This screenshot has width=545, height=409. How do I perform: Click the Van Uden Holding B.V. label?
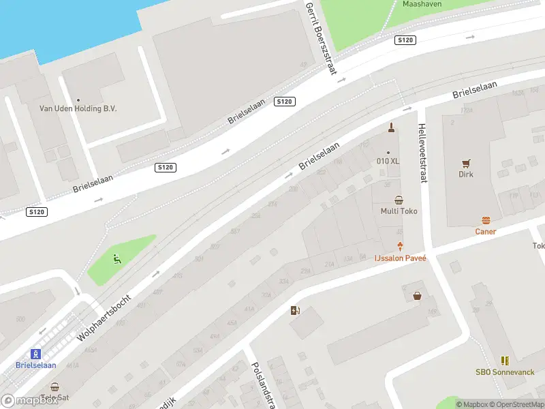click(x=78, y=109)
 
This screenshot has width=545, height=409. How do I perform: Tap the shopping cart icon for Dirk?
click(x=466, y=163)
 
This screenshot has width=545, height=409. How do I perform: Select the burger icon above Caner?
click(x=486, y=220)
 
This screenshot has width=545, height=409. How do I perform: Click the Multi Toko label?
click(x=399, y=211)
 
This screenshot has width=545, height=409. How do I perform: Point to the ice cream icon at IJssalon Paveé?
click(x=400, y=246)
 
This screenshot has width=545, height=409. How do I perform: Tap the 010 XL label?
click(x=388, y=162)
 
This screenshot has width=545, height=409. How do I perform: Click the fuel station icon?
click(x=295, y=311)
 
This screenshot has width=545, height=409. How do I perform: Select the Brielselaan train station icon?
click(x=35, y=354)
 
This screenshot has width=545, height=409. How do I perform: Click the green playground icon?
click(x=117, y=258)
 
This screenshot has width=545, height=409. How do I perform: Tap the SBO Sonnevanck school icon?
click(x=505, y=361)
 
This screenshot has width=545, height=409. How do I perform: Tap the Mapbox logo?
click(x=30, y=401)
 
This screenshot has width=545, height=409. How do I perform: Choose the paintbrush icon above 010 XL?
click(x=391, y=127)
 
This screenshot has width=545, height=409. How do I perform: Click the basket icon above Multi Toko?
click(x=399, y=200)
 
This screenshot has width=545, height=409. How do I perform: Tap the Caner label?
click(x=486, y=232)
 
